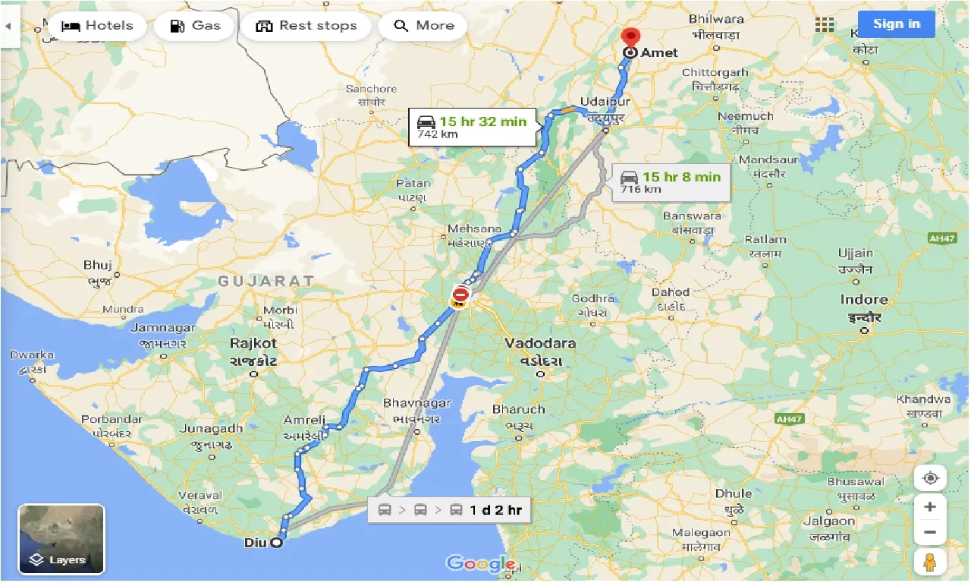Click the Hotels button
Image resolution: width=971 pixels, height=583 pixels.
(96, 26)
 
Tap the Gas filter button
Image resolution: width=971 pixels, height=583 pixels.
(194, 26)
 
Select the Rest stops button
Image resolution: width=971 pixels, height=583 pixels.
(306, 26)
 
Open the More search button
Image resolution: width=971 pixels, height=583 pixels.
(423, 26)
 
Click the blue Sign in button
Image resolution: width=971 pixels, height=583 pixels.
(896, 24)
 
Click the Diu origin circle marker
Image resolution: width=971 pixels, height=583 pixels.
(277, 543)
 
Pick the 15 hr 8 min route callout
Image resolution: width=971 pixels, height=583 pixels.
(671, 182)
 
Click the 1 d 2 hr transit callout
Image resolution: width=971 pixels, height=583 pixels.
(450, 509)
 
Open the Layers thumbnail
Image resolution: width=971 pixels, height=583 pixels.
(61, 539)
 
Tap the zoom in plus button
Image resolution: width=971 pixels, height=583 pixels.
(930, 506)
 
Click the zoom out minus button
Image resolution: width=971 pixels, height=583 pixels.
(930, 532)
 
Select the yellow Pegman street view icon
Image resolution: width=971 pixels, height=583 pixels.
(930, 563)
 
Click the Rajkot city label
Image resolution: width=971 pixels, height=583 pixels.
(253, 343)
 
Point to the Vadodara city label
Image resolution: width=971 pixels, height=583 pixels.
(540, 343)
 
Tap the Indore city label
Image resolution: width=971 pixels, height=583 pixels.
(864, 300)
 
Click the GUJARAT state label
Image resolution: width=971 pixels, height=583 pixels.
(266, 281)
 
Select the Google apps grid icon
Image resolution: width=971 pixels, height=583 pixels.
(825, 24)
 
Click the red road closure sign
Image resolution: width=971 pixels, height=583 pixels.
(460, 293)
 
